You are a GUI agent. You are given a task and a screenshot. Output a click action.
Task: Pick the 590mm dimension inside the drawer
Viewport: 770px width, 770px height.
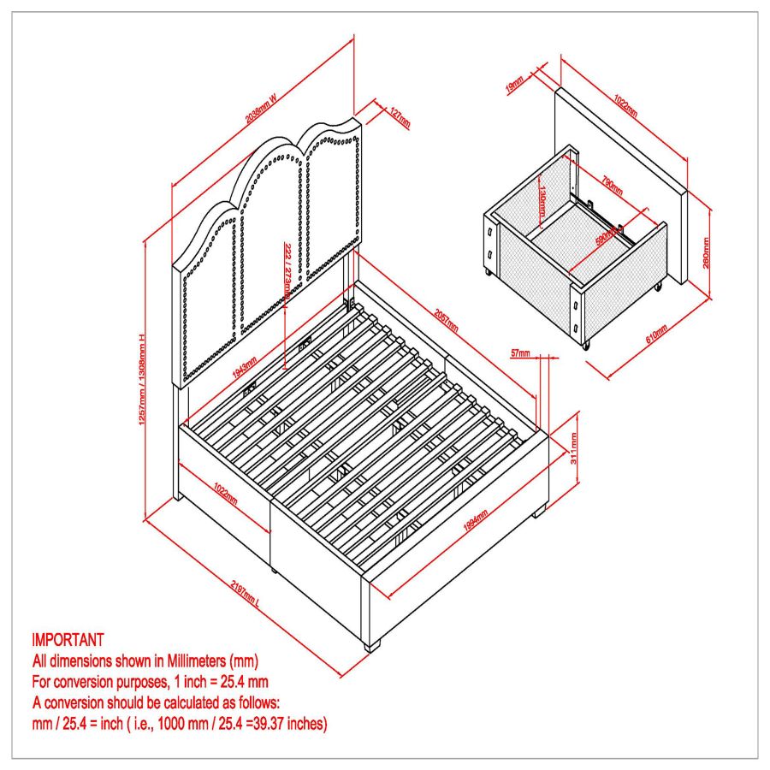coord(608,239)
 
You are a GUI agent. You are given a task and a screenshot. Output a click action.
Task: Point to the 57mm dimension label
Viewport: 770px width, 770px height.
coord(519,352)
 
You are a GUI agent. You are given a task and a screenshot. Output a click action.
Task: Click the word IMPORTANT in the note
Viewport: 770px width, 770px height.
coord(68,639)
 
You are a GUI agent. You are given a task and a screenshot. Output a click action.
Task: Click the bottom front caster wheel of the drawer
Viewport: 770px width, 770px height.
coord(587,346)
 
